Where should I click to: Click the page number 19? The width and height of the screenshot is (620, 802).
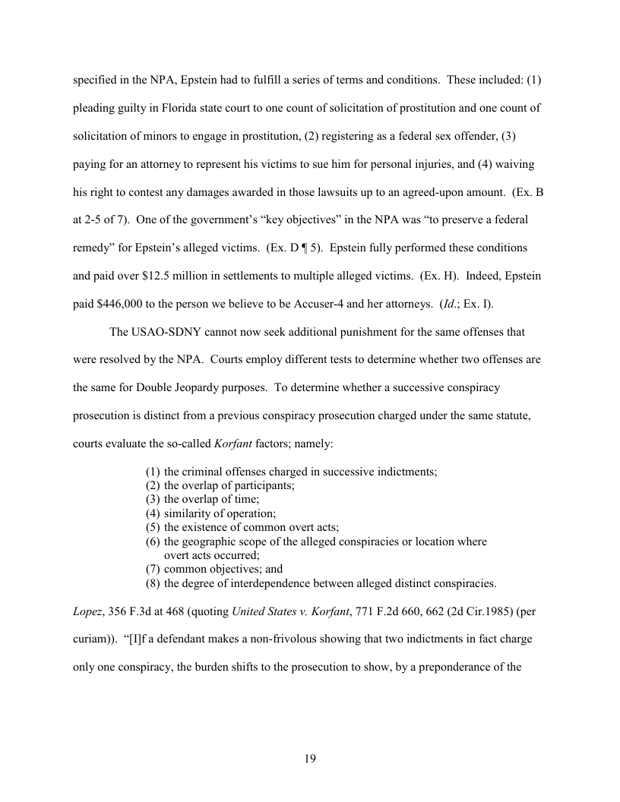tap(310, 759)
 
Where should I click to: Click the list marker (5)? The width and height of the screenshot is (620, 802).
tap(153, 526)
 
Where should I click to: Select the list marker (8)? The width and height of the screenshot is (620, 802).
tap(153, 583)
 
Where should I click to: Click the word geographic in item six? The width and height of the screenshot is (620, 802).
tap(210, 541)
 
